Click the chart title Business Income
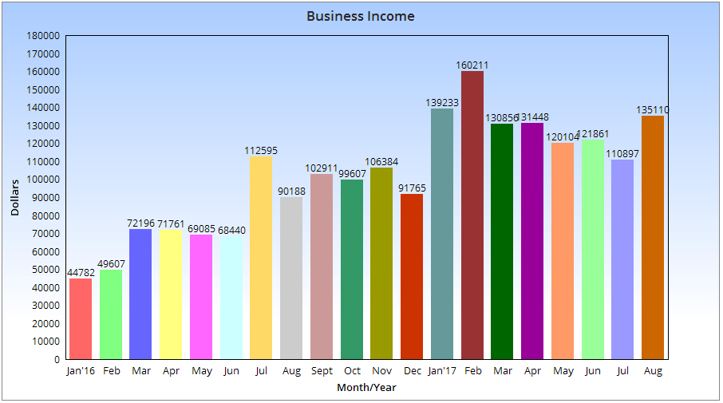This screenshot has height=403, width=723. (x=361, y=16)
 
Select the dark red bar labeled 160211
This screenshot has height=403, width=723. (x=472, y=215)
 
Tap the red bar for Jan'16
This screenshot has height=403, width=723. (x=81, y=318)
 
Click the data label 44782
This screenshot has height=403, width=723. (x=81, y=273)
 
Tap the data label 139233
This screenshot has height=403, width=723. (x=442, y=103)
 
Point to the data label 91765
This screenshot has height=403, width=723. (x=412, y=188)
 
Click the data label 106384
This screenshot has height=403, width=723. (x=381, y=162)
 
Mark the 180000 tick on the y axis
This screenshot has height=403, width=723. (x=43, y=36)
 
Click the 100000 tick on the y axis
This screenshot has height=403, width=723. (x=43, y=180)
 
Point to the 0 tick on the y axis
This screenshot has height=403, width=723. (x=56, y=359)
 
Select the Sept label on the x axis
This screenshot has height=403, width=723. (x=322, y=371)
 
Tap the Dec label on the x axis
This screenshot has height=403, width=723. (x=412, y=371)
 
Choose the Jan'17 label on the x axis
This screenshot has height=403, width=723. (x=442, y=371)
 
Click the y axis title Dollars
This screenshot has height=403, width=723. (x=15, y=198)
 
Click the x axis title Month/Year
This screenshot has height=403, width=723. (x=366, y=388)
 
